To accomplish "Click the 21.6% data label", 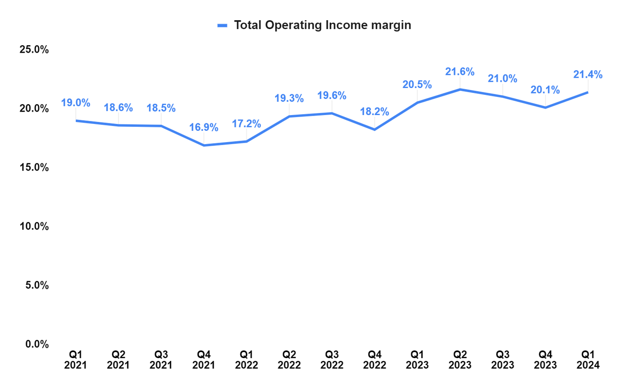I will [459, 72].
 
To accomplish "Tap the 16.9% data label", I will [203, 128].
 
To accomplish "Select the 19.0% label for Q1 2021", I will [76, 103].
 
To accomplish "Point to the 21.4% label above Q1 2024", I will [588, 75].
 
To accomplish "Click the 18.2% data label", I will [374, 112].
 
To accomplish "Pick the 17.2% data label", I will [246, 123].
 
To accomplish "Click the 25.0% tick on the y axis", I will [34, 50].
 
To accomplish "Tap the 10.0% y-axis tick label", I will [34, 226].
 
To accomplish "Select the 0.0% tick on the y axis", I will [36, 344].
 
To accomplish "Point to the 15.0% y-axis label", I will [34, 167].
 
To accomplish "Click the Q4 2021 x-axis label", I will [203, 360].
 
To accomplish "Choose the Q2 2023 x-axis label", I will [459, 360].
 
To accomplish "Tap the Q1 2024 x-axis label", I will [588, 360].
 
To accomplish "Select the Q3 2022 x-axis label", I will [332, 360].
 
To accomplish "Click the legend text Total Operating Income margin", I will [322, 25].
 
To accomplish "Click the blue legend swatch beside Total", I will [223, 26].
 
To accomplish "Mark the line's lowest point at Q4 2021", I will [203, 145].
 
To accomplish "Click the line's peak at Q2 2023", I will [459, 90].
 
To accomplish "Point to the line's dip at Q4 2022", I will [374, 129].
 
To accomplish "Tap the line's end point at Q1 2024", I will [587, 92].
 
